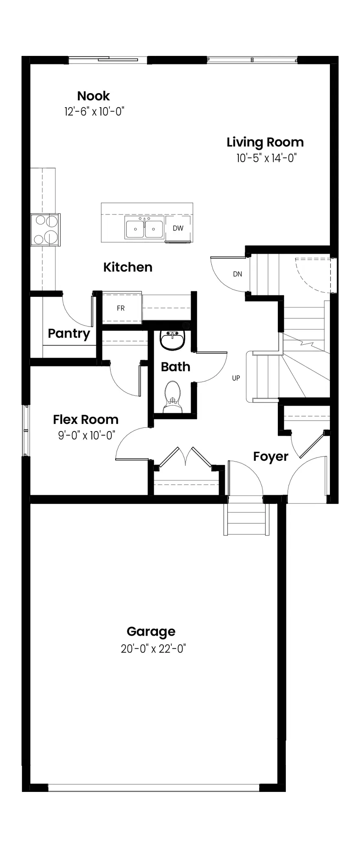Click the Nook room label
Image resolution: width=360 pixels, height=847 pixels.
pos(94,96)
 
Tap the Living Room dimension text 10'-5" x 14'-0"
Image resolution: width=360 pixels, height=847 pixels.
pos(266,158)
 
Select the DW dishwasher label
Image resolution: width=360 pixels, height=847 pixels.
pos(178,228)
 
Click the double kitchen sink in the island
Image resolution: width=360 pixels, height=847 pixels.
pos(144,229)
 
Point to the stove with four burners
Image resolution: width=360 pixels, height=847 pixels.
pos(45,230)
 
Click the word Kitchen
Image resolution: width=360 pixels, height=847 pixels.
pos(128,267)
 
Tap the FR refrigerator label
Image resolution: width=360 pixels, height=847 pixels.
pos(121,308)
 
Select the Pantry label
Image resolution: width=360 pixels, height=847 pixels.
pos(69,334)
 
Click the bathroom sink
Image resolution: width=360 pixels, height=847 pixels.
pos(172,340)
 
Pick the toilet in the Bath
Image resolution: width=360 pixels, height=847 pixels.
pos(172,397)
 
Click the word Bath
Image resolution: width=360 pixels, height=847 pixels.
pos(175,367)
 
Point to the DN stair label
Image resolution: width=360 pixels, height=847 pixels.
pos(238,274)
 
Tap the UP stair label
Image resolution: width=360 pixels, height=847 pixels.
pos(236,378)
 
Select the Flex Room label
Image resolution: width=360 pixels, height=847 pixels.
pos(86,420)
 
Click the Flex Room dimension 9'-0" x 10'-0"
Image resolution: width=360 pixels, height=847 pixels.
pos(87,435)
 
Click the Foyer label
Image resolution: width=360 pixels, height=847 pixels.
pos(271,457)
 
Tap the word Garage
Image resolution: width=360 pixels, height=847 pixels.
pos(151,632)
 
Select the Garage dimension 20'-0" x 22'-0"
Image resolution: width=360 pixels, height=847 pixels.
pos(153,649)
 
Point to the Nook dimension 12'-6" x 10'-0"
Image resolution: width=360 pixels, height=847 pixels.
pos(94,112)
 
